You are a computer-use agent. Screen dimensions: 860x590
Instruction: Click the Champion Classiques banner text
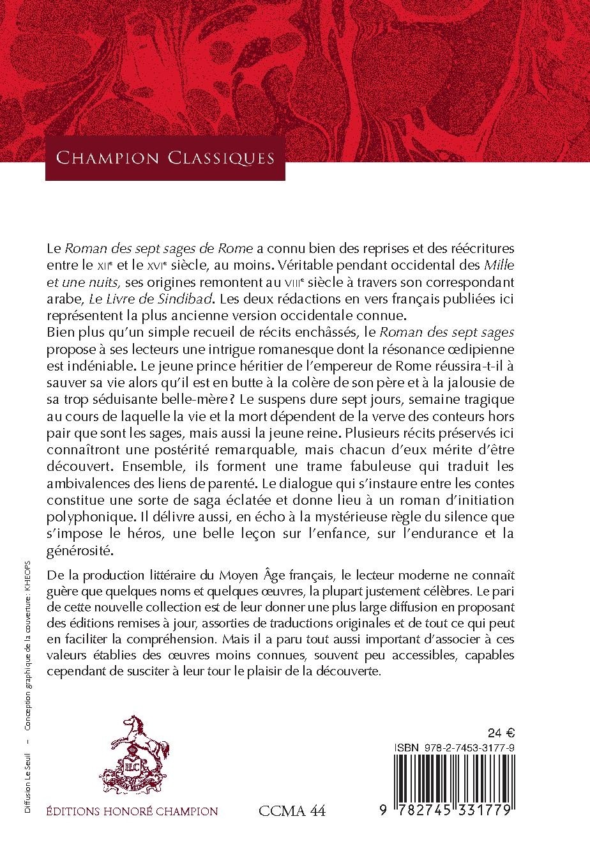[165, 158]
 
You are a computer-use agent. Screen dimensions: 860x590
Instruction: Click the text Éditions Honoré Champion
[132, 812]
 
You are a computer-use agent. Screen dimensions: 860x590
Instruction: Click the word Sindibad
[215, 298]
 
